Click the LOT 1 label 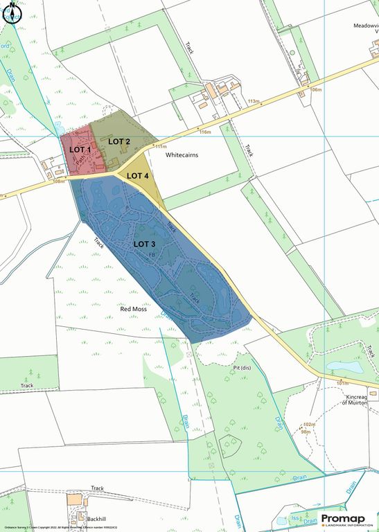[x=80, y=149]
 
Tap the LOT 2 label [x=119, y=141]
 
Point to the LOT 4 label [x=137, y=176]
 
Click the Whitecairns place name [x=182, y=155]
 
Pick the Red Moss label [x=134, y=309]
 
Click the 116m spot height [x=204, y=132]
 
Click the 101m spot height [x=342, y=383]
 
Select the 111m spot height [x=161, y=147]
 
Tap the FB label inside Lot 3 [x=151, y=255]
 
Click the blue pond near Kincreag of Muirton [x=342, y=366]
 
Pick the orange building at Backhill [x=74, y=499]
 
